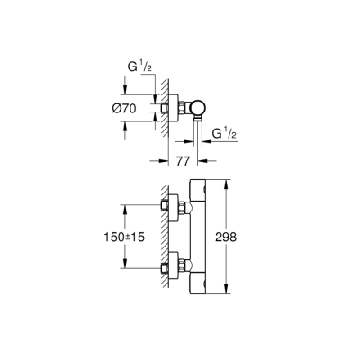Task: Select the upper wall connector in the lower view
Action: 173,209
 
